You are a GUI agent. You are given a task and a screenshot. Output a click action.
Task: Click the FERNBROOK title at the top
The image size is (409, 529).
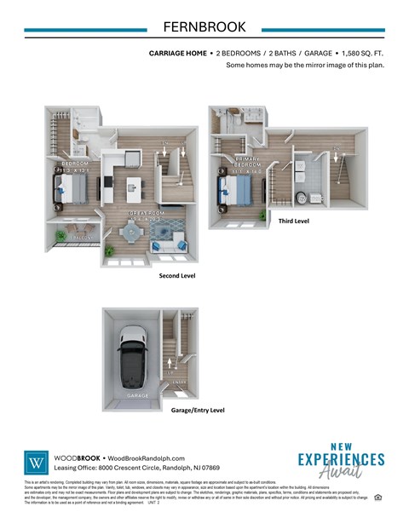(x=204, y=28)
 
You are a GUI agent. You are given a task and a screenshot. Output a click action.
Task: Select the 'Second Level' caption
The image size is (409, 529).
(x=179, y=277)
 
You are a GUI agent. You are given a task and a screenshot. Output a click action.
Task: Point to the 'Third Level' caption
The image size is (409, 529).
(x=294, y=221)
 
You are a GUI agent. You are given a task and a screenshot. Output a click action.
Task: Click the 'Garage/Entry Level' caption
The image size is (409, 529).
(x=197, y=410)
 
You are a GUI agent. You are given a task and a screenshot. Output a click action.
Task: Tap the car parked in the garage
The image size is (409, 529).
(x=133, y=356)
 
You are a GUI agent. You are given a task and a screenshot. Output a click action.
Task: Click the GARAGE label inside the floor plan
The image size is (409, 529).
(x=137, y=396)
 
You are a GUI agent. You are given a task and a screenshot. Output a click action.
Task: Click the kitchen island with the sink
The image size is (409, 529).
(x=132, y=186)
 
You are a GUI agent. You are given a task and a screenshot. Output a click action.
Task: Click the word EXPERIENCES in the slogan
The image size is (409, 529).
(x=341, y=460)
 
